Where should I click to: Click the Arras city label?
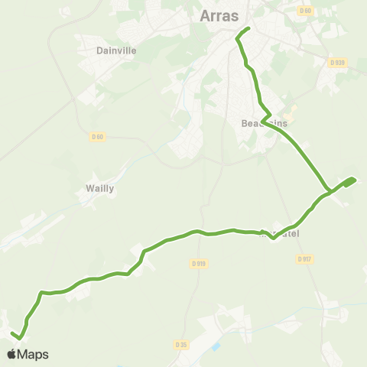tap(219, 15)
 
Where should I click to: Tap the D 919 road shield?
tap(197, 264)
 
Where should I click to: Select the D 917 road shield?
tap(304, 259)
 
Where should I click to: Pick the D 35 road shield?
tap(181, 345)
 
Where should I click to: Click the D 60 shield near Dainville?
tap(96, 137)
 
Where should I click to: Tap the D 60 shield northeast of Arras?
tap(306, 10)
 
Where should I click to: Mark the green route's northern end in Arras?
tap(249, 29)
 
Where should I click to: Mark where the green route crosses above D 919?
tap(197, 231)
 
